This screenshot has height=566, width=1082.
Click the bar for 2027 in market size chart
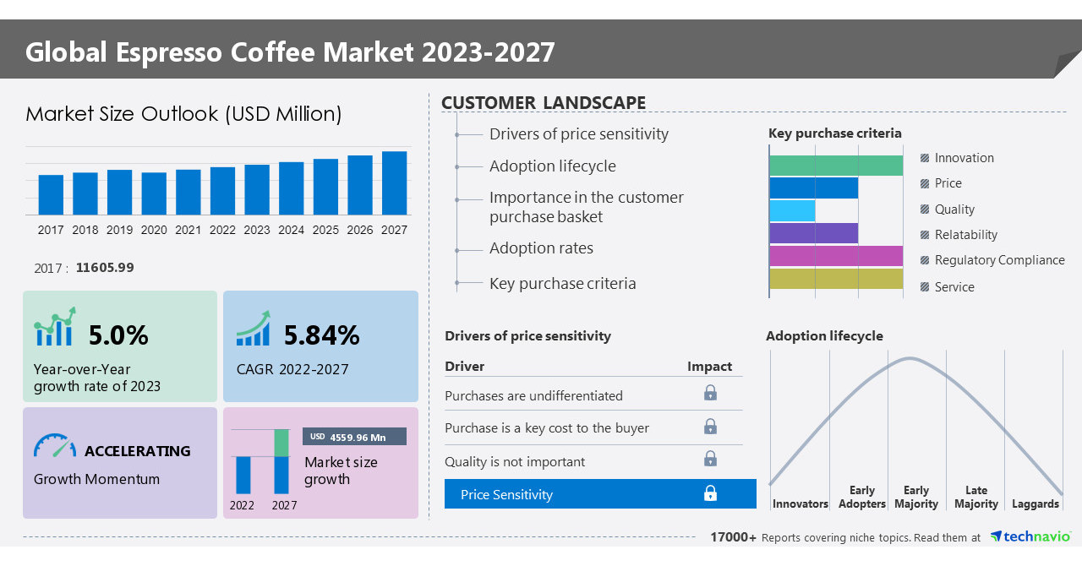394,183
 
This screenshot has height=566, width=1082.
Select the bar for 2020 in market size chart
154,193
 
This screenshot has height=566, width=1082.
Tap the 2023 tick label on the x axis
257,230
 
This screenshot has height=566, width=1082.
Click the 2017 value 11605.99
105,268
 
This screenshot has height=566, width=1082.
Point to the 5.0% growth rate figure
118,335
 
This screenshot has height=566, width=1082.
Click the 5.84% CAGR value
321,335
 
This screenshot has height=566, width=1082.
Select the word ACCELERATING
138,451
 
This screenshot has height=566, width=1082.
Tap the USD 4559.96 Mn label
354,437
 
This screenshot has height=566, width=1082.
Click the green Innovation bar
836,166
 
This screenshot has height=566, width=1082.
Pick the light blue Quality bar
792,210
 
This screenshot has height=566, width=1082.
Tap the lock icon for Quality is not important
710,459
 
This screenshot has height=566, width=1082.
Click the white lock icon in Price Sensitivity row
710,493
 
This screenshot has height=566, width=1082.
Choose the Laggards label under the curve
1035,504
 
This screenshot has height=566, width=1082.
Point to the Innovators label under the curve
800,504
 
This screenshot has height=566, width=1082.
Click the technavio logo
1030,537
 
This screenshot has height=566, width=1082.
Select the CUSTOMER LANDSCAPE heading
544,103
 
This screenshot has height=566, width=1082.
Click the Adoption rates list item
541,248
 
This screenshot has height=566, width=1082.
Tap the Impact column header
709,367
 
